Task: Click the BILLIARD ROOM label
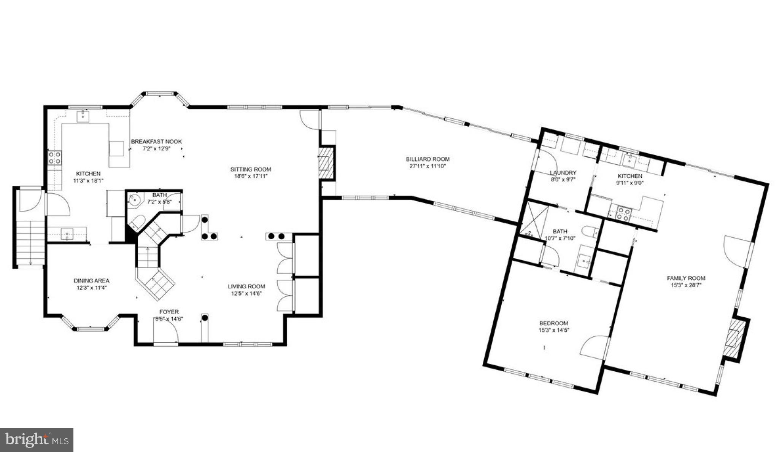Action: pyautogui.click(x=428, y=159)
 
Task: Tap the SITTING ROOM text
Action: pyautogui.click(x=251, y=169)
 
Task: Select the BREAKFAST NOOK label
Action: pyautogui.click(x=156, y=142)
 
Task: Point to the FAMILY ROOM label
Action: pyautogui.click(x=686, y=278)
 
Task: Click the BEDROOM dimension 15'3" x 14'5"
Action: pyautogui.click(x=553, y=330)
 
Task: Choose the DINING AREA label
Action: pyautogui.click(x=91, y=281)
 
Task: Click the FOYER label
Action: pyautogui.click(x=169, y=312)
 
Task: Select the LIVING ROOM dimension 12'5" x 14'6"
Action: pyautogui.click(x=246, y=293)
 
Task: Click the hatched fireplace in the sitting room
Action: pyautogui.click(x=326, y=162)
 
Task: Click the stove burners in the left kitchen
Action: pyautogui.click(x=54, y=158)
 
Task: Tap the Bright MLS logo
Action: pyautogui.click(x=37, y=440)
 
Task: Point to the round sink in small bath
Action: pyautogui.click(x=134, y=200)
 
